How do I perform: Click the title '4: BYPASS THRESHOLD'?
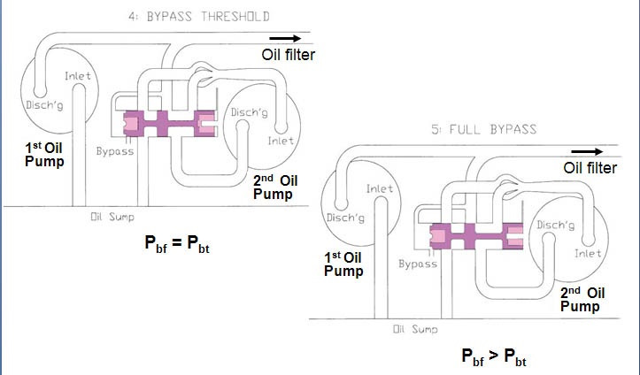[x=199, y=17]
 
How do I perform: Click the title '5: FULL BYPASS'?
[x=483, y=130]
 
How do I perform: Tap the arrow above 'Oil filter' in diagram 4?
[x=285, y=39]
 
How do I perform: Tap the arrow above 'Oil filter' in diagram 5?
[x=587, y=151]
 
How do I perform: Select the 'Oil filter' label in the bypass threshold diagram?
[x=289, y=55]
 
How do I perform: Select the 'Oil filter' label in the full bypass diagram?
[x=590, y=167]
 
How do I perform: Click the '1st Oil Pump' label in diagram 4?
[x=44, y=155]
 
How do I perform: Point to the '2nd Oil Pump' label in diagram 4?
[x=275, y=187]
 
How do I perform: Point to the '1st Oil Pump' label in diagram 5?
[x=343, y=264]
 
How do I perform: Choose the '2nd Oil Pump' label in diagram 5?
[x=582, y=300]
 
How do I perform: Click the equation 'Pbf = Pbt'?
[x=177, y=244]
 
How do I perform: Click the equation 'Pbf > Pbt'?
[x=494, y=356]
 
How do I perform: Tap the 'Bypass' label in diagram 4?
[x=115, y=151]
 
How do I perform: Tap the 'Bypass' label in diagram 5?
[x=418, y=264]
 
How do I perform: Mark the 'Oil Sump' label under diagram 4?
[x=112, y=217]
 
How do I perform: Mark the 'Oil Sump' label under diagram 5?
[x=415, y=329]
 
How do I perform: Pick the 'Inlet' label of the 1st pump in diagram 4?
[x=78, y=76]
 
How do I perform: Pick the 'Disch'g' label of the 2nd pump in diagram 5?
[x=556, y=225]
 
